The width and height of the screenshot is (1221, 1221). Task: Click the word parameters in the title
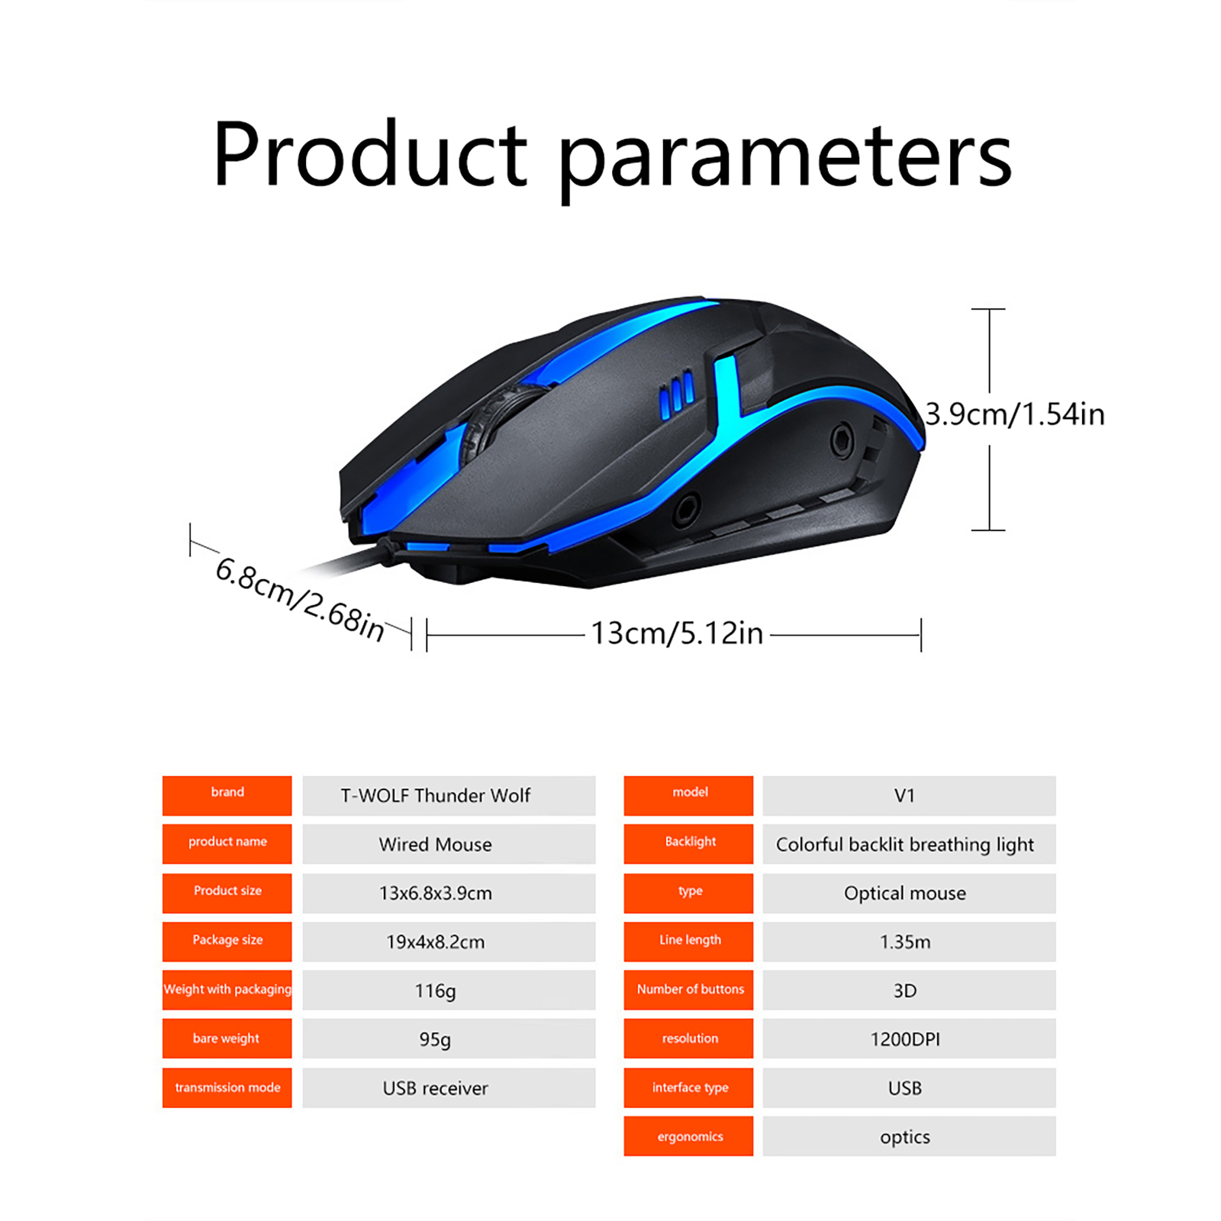[x=785, y=160]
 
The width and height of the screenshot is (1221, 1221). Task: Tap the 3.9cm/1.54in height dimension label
[x=1015, y=414]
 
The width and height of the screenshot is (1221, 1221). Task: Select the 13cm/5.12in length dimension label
[x=677, y=633]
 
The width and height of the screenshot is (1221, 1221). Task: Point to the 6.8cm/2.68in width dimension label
[x=300, y=600]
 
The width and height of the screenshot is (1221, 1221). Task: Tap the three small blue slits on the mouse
[x=677, y=395]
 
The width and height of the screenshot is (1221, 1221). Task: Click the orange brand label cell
[x=227, y=795]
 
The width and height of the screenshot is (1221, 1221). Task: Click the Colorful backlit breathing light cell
[x=909, y=844]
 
